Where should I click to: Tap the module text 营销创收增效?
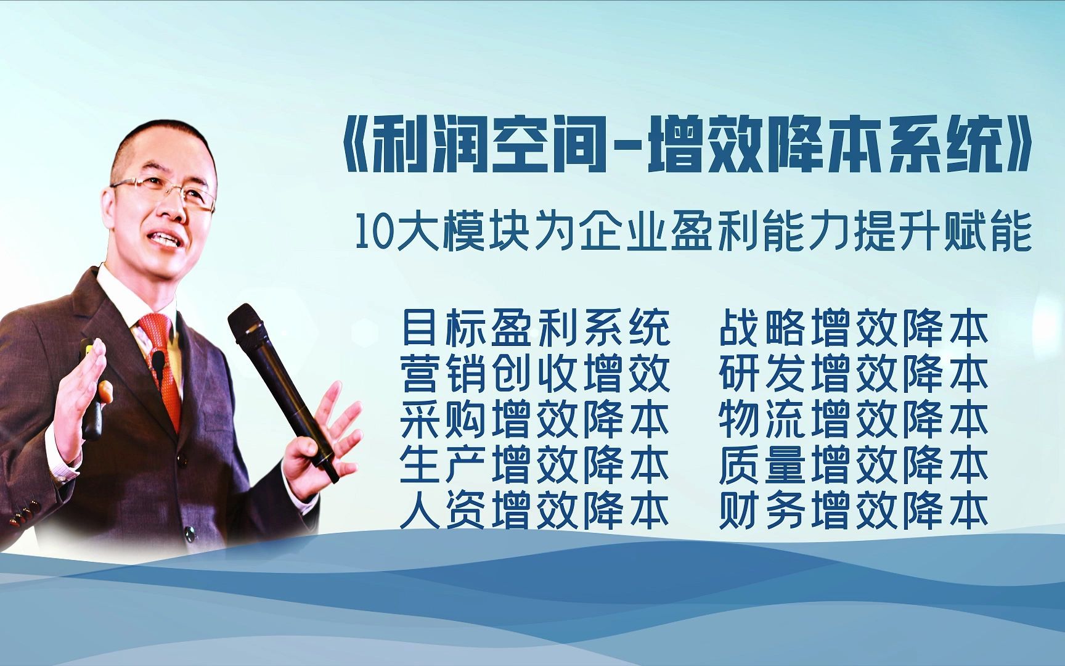[x=535, y=374]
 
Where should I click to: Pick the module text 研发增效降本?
[x=854, y=374]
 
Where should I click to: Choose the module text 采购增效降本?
[x=535, y=420]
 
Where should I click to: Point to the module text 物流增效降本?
[x=854, y=420]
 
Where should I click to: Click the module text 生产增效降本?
[x=535, y=466]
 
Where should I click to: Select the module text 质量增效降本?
[x=854, y=466]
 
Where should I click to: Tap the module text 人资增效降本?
[x=535, y=511]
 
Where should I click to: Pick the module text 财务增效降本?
[x=854, y=511]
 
